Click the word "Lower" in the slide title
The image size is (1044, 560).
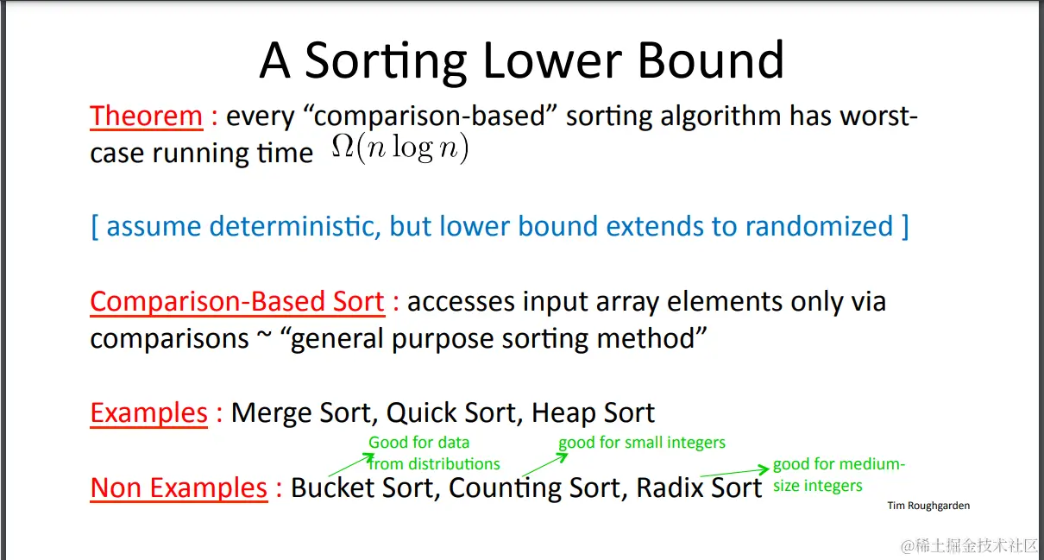[x=552, y=60]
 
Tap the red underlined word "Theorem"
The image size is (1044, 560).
[x=147, y=116]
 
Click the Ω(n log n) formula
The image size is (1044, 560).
[x=399, y=148]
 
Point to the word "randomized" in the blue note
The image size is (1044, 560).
[x=819, y=227]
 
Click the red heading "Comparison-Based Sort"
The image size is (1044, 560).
[x=237, y=302]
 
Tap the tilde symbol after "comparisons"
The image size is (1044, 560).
[x=264, y=334]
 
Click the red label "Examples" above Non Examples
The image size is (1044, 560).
[x=148, y=413]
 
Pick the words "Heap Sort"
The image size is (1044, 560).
[x=593, y=413]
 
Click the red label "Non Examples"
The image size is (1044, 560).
[x=179, y=488]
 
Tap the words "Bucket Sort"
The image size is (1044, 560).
[x=362, y=488]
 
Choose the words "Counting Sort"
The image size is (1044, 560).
[x=534, y=488]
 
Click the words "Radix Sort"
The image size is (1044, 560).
[x=699, y=488]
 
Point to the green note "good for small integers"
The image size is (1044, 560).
[x=642, y=443]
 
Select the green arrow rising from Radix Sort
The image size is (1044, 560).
[x=734, y=471]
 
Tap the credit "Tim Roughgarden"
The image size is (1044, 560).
[x=928, y=506]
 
